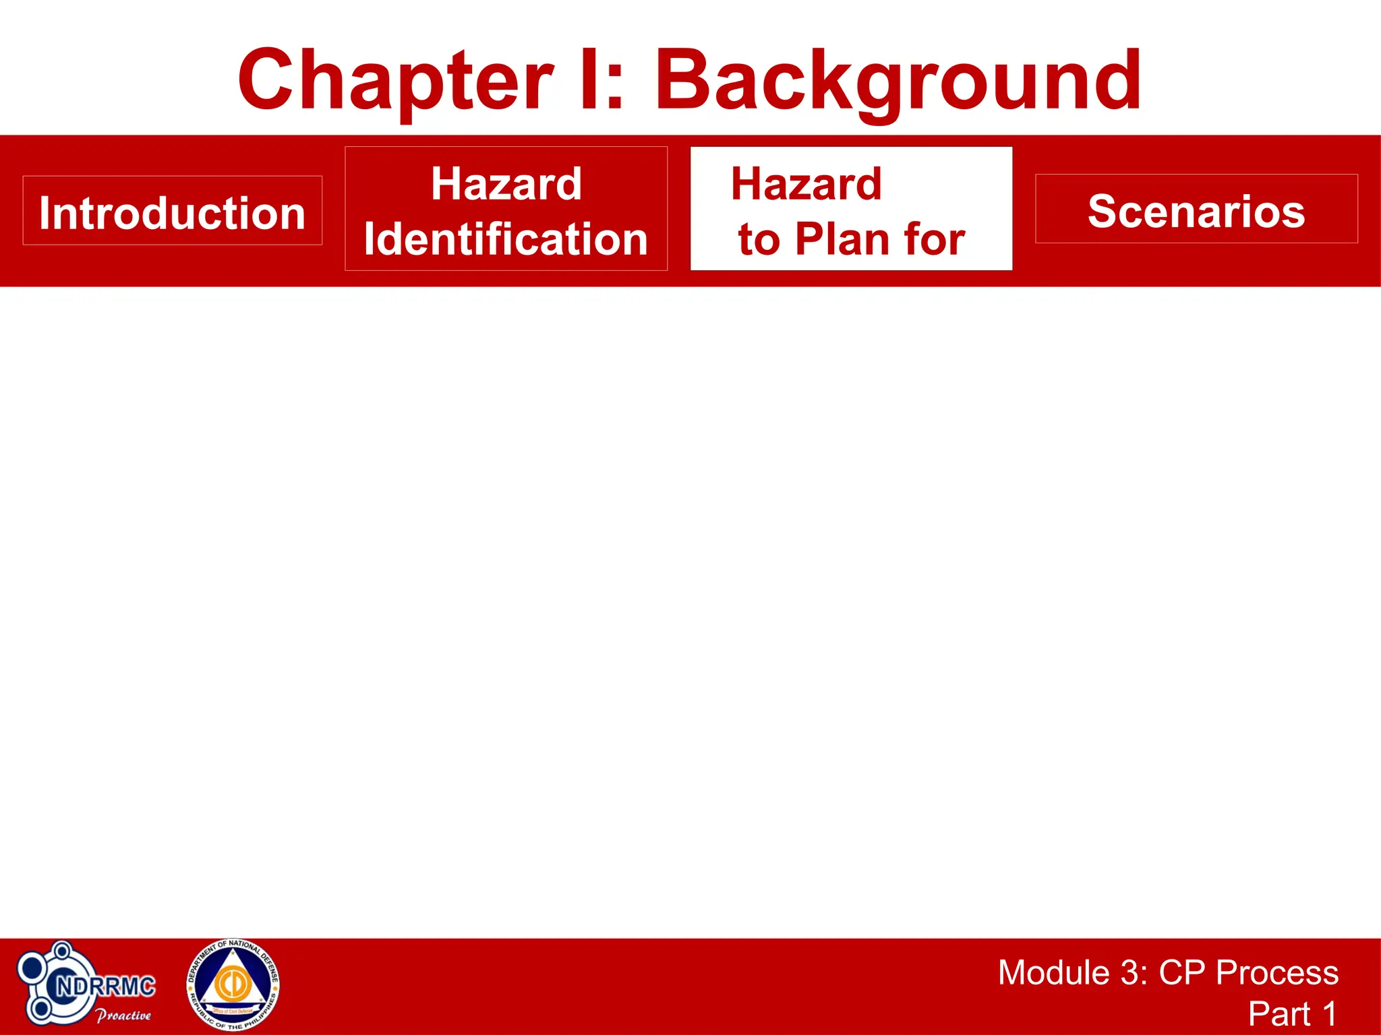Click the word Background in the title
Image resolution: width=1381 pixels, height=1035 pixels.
[x=898, y=81]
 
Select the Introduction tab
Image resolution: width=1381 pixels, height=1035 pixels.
[x=172, y=212]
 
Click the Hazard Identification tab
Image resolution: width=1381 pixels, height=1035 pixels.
[x=506, y=209]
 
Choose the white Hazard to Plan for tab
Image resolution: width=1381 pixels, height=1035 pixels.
[x=851, y=209]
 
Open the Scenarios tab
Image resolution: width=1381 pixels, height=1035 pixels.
[x=1196, y=210]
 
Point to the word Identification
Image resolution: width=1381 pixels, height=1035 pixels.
[x=506, y=239]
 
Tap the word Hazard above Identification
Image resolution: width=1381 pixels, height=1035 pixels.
[x=506, y=184]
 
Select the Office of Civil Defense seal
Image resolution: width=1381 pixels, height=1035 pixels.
[x=233, y=986]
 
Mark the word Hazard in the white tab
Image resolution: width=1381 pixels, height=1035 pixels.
[x=806, y=184]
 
